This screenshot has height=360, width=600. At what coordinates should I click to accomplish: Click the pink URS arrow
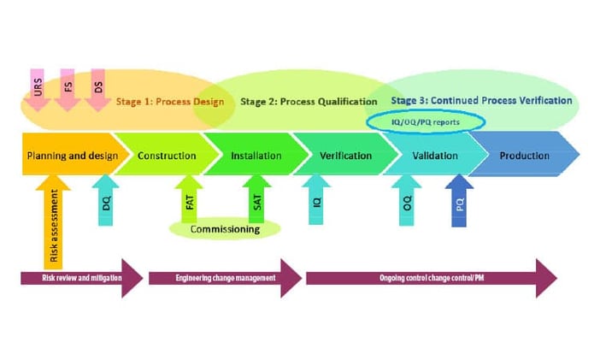coord(37,90)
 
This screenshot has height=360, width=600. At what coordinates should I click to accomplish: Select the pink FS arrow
coord(68,90)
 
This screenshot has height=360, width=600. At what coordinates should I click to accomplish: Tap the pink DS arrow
coord(97,90)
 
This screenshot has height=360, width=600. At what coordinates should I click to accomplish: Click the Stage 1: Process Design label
coord(171,102)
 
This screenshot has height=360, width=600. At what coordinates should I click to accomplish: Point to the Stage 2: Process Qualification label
coord(309,102)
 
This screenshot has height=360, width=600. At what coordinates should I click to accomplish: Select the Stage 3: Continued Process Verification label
coord(481,100)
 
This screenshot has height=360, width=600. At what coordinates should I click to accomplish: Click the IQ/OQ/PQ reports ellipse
coord(426,122)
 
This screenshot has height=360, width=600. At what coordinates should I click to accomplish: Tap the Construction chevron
coord(166,156)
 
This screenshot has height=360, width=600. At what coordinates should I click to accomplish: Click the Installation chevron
coord(256,156)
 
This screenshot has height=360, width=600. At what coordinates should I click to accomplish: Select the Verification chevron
coord(345,156)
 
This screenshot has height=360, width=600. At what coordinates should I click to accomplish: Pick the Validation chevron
coord(434,156)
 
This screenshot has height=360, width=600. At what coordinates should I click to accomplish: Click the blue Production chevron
coord(524,156)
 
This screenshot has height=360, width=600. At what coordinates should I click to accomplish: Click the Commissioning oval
coord(225,229)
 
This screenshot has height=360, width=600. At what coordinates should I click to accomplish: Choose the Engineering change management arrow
coord(225,278)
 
